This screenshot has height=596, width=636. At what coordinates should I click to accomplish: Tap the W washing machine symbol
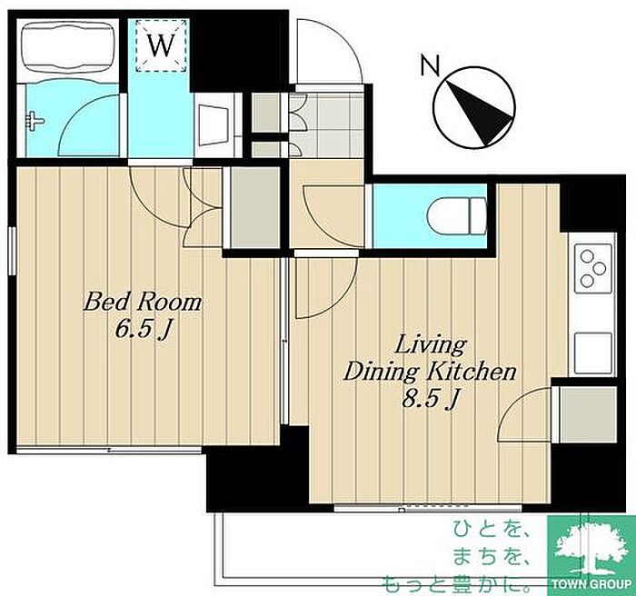pos(161,45)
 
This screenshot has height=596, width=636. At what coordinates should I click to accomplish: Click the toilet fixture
pos(457,216)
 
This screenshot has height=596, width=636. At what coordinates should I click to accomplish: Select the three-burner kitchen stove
pos(593,268)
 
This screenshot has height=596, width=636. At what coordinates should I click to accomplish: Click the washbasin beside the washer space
pos(214,125)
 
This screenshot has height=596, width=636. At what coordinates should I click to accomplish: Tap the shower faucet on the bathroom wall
pos(35,122)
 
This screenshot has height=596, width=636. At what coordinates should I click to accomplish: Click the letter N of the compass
pos(430,65)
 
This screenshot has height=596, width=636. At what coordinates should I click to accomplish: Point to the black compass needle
pos(480,113)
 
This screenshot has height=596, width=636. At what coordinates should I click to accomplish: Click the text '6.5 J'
pos(142,330)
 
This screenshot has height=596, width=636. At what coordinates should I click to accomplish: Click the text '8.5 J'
pos(430,399)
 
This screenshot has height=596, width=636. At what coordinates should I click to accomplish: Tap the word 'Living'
pos(431,345)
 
